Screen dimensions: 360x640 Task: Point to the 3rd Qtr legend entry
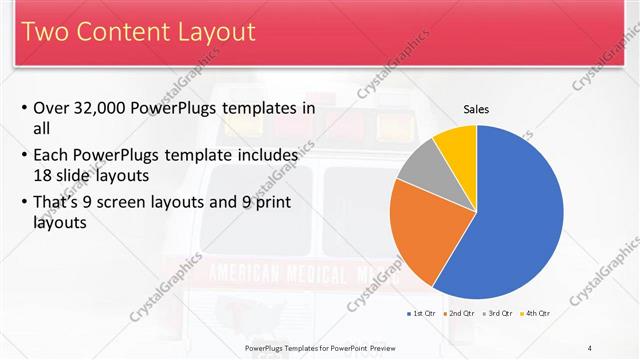(x=497, y=314)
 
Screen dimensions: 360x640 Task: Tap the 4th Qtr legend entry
(x=536, y=314)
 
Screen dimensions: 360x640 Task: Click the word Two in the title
(x=48, y=33)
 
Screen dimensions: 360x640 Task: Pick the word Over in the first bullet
(x=53, y=108)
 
